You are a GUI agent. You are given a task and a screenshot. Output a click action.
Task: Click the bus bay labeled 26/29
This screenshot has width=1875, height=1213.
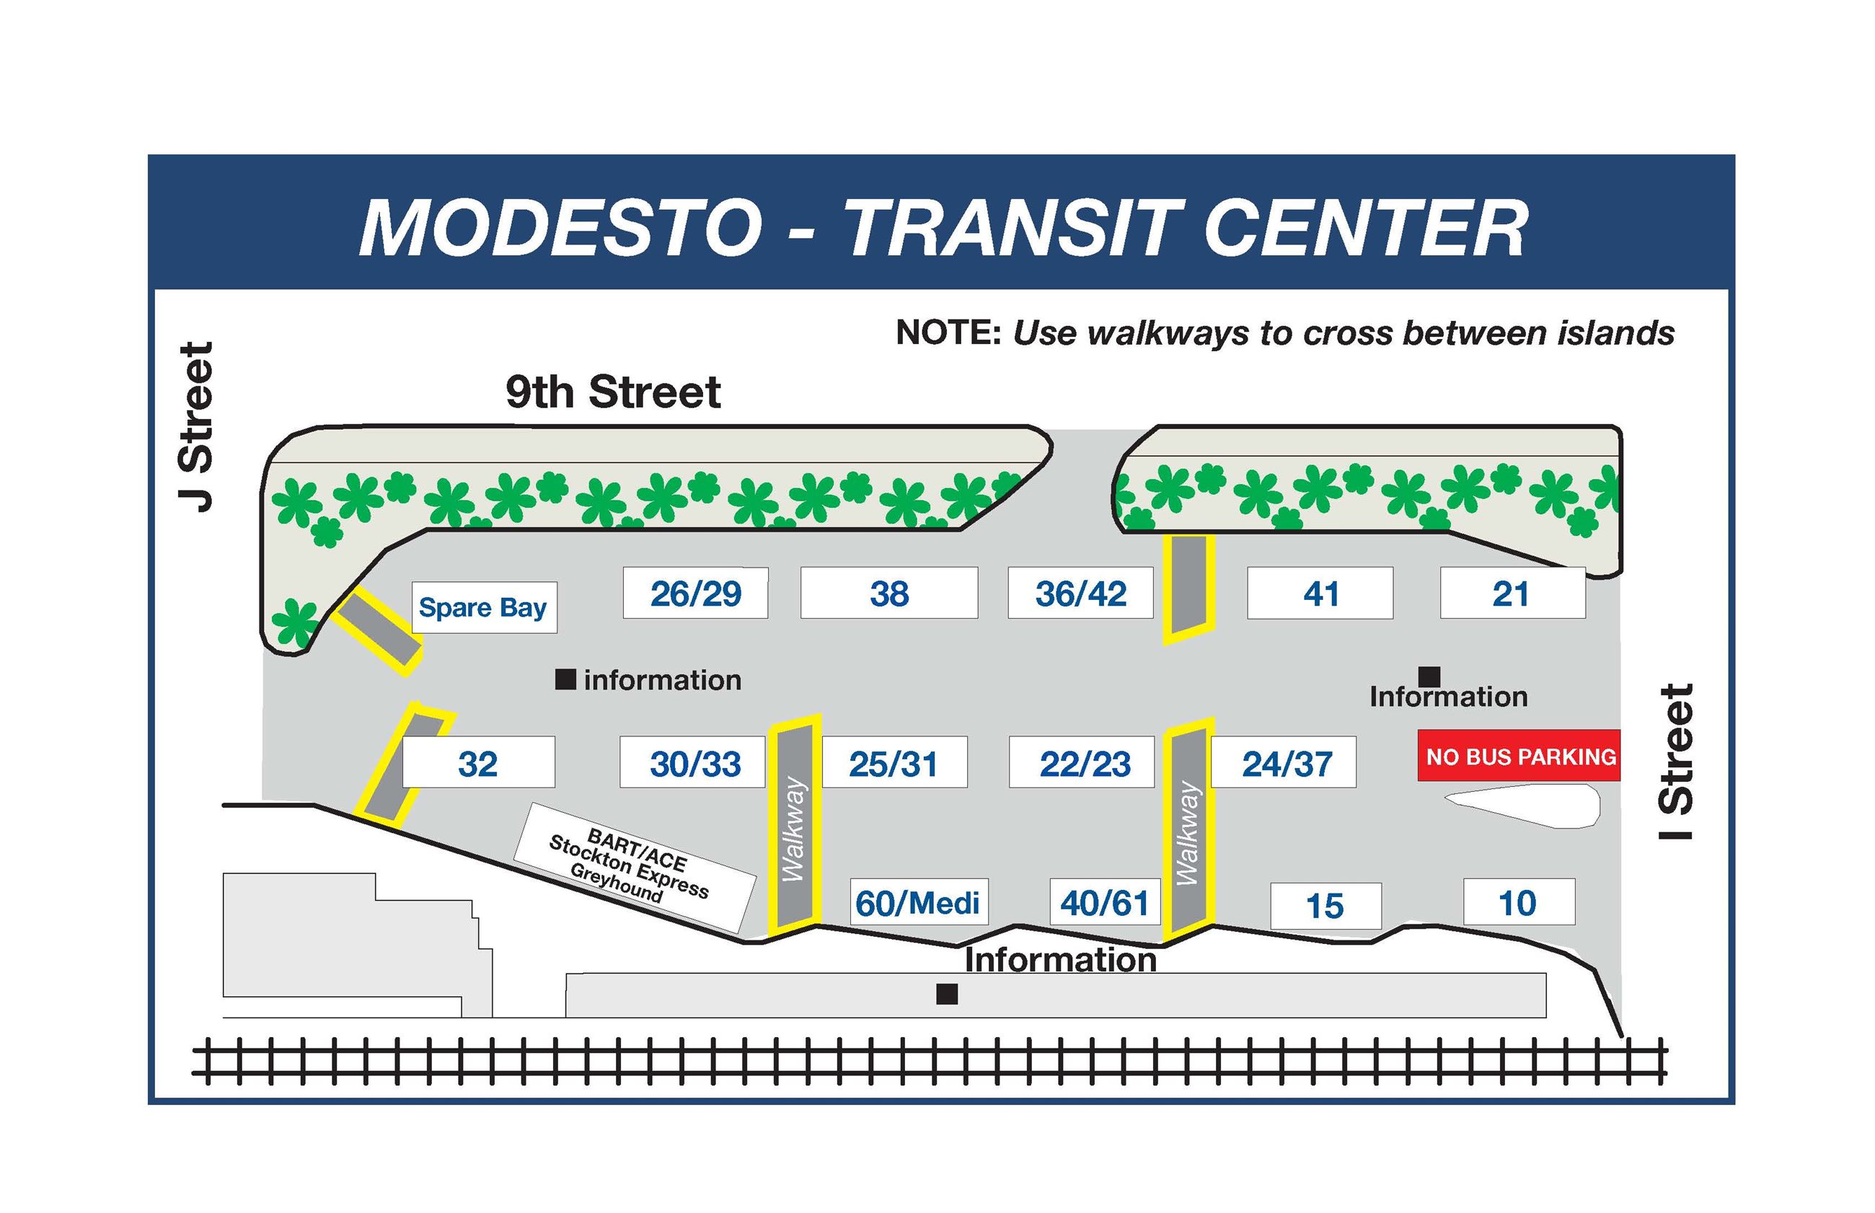[694, 593]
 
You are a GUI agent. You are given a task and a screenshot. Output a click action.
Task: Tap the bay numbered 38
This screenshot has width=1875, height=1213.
[888, 593]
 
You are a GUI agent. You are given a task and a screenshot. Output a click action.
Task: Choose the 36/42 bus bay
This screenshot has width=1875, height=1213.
[1080, 593]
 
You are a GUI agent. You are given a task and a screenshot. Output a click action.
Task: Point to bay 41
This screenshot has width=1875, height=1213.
[1319, 593]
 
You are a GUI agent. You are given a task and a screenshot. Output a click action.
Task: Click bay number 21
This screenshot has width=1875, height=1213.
[1512, 593]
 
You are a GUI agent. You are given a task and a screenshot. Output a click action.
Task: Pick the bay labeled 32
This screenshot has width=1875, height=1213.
[478, 762]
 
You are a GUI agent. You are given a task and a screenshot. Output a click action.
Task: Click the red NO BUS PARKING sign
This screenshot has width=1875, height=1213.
[1518, 757]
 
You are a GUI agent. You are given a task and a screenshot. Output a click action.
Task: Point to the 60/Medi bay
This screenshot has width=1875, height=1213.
[918, 903]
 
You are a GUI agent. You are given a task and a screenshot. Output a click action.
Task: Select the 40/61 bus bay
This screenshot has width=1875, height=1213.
[1104, 903]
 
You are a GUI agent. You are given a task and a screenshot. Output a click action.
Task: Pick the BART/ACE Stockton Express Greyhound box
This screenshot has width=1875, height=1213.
[634, 866]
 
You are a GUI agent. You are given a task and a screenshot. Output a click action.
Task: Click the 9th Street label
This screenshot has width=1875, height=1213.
[613, 392]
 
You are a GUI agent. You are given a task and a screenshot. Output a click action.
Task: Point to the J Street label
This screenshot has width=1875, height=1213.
[196, 427]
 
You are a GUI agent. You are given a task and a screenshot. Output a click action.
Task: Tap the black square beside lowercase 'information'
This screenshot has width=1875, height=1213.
[565, 679]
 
